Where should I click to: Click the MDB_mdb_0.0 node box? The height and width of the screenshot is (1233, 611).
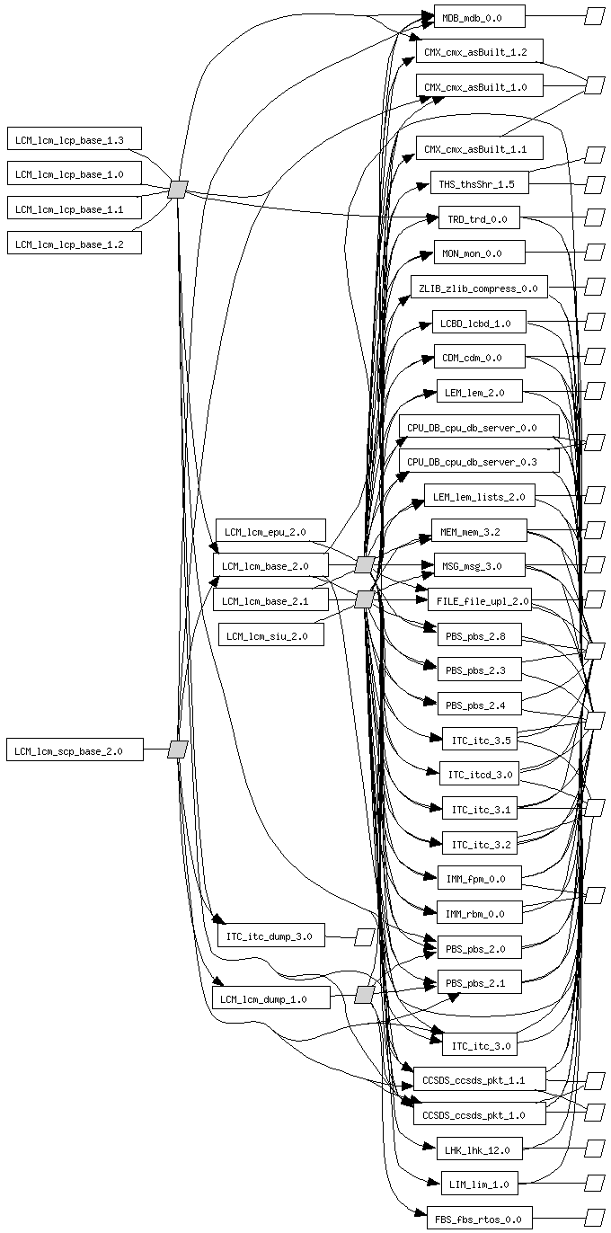click(x=479, y=16)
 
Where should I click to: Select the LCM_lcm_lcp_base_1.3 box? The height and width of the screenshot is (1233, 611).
click(x=75, y=139)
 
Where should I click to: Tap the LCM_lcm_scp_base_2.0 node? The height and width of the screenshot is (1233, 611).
click(x=75, y=750)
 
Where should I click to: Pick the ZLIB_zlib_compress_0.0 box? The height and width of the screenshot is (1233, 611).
click(x=479, y=288)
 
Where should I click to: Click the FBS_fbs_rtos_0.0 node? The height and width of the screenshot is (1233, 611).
click(x=479, y=1219)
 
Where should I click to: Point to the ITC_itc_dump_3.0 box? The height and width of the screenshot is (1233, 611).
click(x=270, y=936)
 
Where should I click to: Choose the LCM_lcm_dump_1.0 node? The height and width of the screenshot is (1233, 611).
click(x=270, y=998)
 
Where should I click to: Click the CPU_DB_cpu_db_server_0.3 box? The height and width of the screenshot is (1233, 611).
click(x=479, y=462)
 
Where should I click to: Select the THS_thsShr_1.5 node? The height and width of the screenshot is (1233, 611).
click(x=479, y=183)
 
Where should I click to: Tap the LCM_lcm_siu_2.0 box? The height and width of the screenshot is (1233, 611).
click(x=268, y=636)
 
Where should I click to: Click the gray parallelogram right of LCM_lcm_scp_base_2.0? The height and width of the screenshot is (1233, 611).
click(x=177, y=750)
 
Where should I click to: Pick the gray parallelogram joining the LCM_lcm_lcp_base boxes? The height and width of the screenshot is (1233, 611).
click(x=178, y=190)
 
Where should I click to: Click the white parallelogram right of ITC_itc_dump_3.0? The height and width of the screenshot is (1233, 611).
click(x=364, y=936)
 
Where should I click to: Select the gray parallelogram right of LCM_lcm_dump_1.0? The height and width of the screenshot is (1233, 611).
click(x=364, y=995)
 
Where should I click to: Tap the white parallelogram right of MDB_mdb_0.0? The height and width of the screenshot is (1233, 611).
click(x=594, y=16)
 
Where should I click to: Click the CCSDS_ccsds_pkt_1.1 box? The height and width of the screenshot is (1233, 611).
click(x=479, y=1079)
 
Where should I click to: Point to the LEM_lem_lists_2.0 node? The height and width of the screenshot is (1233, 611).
click(x=479, y=496)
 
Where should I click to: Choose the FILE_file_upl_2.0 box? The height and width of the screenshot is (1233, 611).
click(x=479, y=601)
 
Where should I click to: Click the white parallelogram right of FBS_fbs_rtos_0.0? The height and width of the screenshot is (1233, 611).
click(x=594, y=1218)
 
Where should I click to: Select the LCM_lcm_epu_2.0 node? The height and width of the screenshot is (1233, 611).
click(x=270, y=531)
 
